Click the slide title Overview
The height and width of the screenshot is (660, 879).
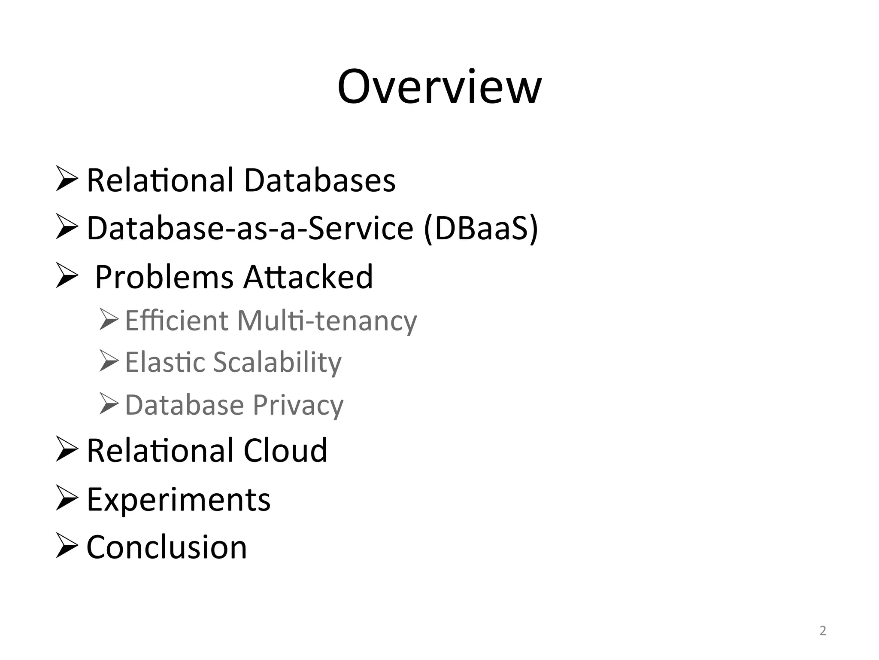click(x=439, y=87)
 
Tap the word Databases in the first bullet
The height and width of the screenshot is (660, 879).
click(x=320, y=180)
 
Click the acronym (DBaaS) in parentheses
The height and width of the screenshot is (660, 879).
click(x=481, y=228)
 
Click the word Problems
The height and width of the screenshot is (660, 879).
click(x=164, y=277)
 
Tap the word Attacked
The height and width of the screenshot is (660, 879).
click(x=308, y=277)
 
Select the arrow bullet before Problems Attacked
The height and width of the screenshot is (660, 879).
click(x=67, y=276)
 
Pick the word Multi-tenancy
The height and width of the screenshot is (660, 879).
click(x=327, y=321)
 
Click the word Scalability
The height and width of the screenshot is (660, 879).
click(x=277, y=363)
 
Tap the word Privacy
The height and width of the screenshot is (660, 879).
click(x=298, y=406)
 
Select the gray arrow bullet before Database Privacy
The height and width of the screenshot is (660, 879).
click(x=109, y=403)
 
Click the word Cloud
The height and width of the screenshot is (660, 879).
click(x=285, y=451)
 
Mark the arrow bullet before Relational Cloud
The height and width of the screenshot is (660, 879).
click(x=67, y=449)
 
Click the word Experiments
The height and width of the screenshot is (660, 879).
click(x=179, y=500)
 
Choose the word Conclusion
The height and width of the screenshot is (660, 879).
click(x=167, y=547)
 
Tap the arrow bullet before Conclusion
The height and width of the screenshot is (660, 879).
click(x=67, y=546)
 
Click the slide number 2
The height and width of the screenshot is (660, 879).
click(x=823, y=631)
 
